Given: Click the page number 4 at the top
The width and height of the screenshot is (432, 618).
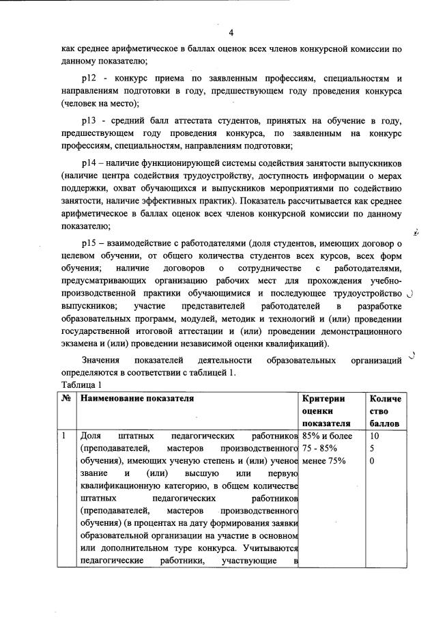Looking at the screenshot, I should [231, 33].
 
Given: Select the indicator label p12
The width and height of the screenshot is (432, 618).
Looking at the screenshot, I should [89, 78].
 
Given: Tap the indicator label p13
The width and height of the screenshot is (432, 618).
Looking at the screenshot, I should [89, 120].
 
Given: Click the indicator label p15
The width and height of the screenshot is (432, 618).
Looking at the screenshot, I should [89, 242].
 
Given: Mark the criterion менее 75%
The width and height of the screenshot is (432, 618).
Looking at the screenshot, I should [324, 461].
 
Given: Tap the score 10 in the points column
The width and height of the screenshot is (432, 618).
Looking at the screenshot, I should [375, 435].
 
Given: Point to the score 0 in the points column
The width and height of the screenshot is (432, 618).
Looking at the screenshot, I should [372, 461].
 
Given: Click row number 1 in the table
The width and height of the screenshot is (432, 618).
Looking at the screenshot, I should [64, 435].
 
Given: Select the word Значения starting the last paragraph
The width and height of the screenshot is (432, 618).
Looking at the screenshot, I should [102, 360].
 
